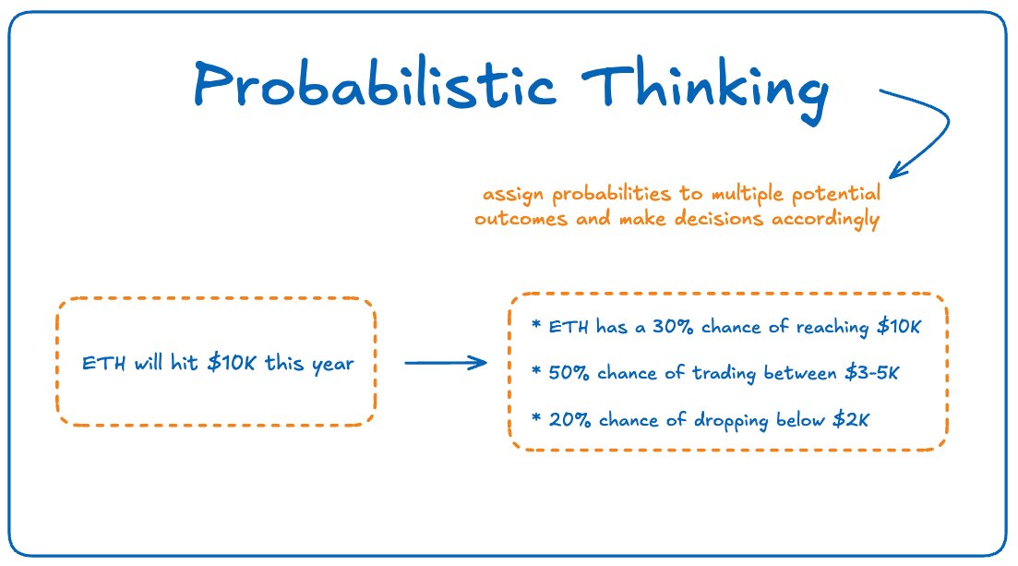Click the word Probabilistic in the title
[x=375, y=84]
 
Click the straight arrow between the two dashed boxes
[x=446, y=363]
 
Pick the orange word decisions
[x=719, y=218]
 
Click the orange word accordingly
[x=825, y=220]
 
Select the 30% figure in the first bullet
[x=673, y=326]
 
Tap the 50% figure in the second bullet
[x=569, y=373]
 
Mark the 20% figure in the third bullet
[x=569, y=420]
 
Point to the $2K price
[x=851, y=420]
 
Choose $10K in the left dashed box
[x=231, y=363]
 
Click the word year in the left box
[x=333, y=366]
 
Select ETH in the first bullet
[x=569, y=326]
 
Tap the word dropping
[x=731, y=421]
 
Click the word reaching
[x=832, y=328]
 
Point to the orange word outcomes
[x=521, y=219]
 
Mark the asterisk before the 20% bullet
[x=536, y=416]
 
